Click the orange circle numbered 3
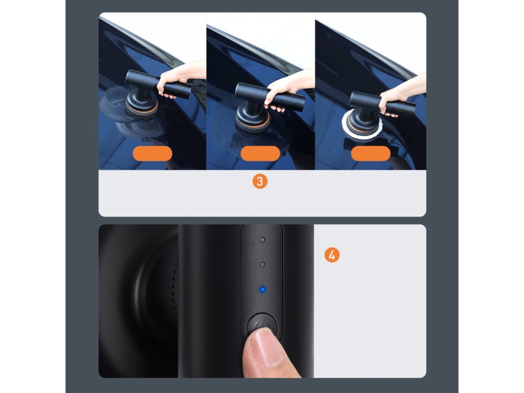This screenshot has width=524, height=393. point(259,182)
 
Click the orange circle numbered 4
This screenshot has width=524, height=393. point(332,255)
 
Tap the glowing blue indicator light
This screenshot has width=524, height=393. point(263,290)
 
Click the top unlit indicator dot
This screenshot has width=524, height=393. point(263,239)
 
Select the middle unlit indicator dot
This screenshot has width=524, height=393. point(263,265)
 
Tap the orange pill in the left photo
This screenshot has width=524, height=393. point(152,154)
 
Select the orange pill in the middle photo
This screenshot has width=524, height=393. point(260,154)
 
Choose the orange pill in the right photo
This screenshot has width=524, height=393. point(370,154)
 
